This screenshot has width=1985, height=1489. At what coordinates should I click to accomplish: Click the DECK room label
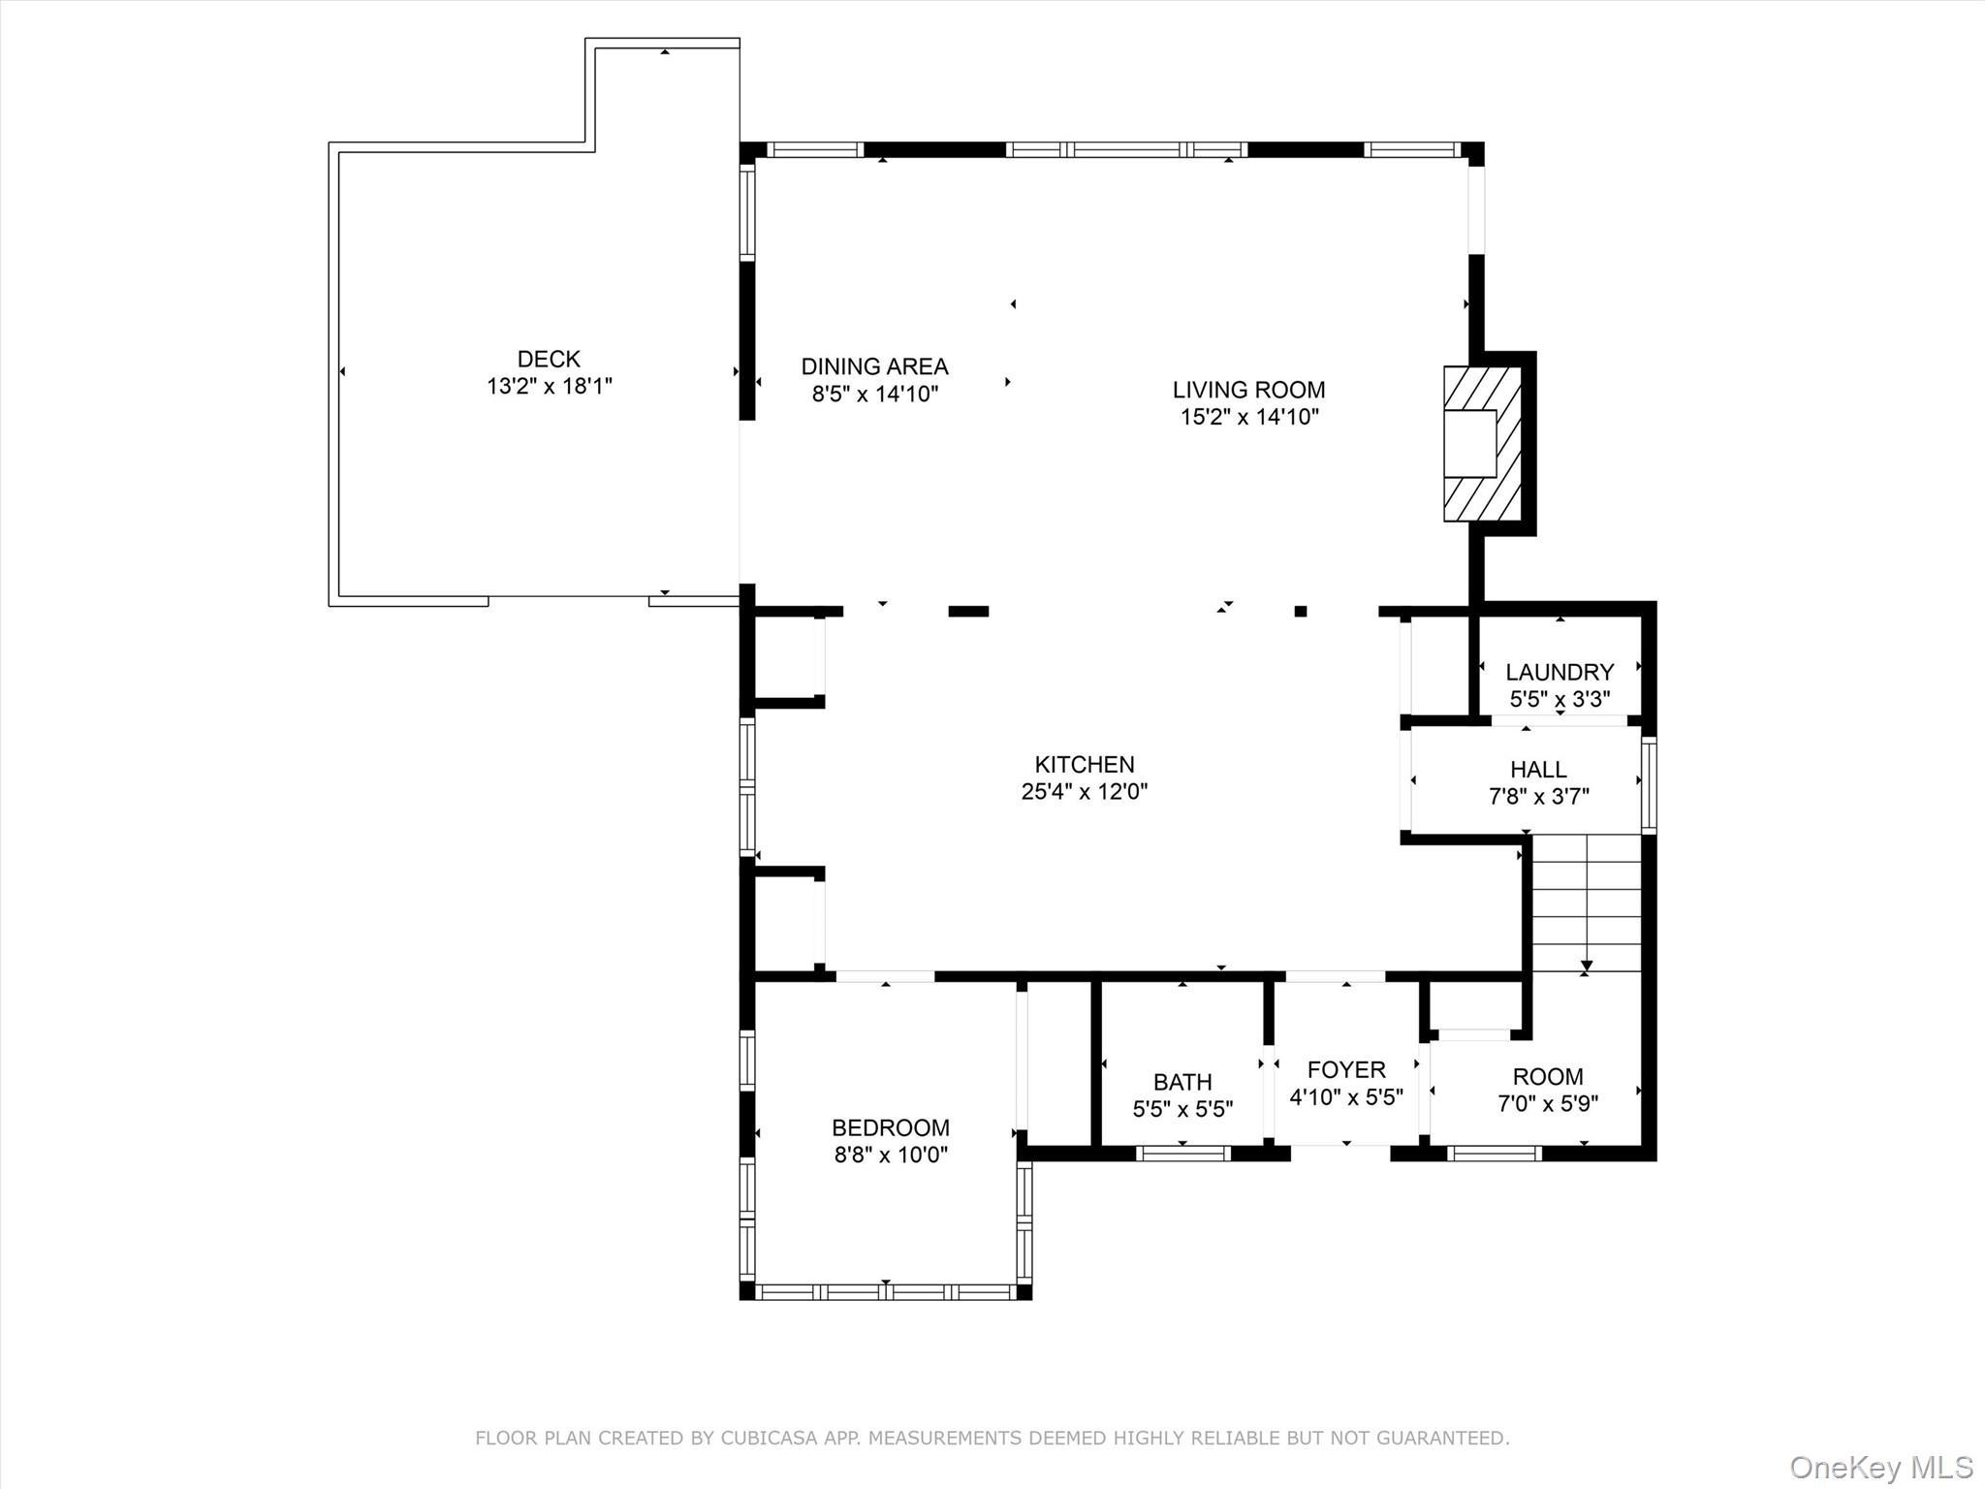[549, 359]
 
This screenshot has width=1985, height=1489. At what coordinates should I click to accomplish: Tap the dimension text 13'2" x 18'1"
[549, 387]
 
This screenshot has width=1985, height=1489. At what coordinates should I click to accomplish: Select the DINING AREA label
[874, 366]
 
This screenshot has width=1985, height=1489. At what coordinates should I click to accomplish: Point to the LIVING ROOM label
[1248, 390]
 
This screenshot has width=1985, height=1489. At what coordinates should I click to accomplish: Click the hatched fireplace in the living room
[1481, 444]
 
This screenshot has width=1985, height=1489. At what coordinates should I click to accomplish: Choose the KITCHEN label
[1084, 764]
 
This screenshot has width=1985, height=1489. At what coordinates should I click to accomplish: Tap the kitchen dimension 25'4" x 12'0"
[1084, 792]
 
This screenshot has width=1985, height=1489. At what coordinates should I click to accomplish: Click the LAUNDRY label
[1559, 672]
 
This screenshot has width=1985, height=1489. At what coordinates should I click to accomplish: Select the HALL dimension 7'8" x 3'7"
[1538, 797]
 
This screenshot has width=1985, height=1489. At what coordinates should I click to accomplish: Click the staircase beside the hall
[1586, 902]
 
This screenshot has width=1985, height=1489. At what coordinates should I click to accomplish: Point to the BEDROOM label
[890, 1127]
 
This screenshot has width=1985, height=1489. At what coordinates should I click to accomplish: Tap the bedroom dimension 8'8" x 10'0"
[890, 1156]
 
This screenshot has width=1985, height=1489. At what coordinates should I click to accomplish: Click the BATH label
[1182, 1082]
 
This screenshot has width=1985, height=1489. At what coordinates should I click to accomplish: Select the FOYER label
[1345, 1069]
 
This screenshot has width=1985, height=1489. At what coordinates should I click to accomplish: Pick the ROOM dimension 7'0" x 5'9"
[1547, 1103]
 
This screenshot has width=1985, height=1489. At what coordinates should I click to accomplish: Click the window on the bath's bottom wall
[1182, 1153]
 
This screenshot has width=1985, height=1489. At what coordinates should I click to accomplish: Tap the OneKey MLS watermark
[1880, 1467]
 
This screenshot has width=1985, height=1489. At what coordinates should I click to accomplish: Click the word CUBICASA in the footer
[772, 1438]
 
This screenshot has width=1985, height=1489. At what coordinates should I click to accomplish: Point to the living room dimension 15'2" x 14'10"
[1248, 418]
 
